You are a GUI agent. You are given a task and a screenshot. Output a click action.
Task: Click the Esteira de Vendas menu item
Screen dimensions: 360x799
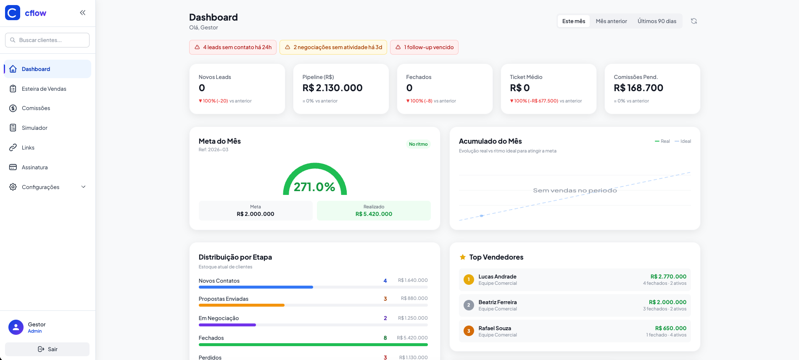44,89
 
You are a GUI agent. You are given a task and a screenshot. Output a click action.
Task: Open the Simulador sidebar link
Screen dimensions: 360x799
34,128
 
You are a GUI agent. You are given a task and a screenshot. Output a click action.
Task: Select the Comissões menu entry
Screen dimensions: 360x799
36,108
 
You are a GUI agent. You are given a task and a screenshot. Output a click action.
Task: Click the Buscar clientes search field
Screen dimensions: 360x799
47,40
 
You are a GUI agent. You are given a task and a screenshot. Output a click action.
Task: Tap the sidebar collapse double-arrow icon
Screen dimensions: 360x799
83,13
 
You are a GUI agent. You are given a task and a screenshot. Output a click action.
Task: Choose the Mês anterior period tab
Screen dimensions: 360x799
611,21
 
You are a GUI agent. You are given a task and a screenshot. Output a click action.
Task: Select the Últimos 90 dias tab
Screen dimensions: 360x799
657,21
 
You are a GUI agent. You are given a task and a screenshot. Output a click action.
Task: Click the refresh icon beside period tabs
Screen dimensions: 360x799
694,21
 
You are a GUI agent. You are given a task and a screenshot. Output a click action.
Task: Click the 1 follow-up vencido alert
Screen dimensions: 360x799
424,47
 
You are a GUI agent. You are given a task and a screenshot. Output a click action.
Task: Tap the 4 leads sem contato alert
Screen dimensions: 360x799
233,47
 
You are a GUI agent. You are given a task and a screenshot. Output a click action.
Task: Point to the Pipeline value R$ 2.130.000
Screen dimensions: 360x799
332,88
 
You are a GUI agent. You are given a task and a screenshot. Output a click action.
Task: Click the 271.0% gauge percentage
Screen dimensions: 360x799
314,187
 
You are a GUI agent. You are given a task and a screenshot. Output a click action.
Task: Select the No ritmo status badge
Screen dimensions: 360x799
418,144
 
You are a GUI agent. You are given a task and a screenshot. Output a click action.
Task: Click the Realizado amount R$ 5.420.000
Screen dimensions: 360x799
374,214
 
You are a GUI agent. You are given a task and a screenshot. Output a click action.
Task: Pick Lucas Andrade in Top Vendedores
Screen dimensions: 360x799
497,276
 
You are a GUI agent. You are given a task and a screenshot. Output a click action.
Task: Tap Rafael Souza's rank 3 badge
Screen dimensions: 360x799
469,331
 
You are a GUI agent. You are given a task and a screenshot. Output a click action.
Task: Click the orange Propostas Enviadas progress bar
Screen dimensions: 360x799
242,305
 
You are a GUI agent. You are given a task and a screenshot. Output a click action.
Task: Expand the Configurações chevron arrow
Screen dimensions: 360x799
83,187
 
